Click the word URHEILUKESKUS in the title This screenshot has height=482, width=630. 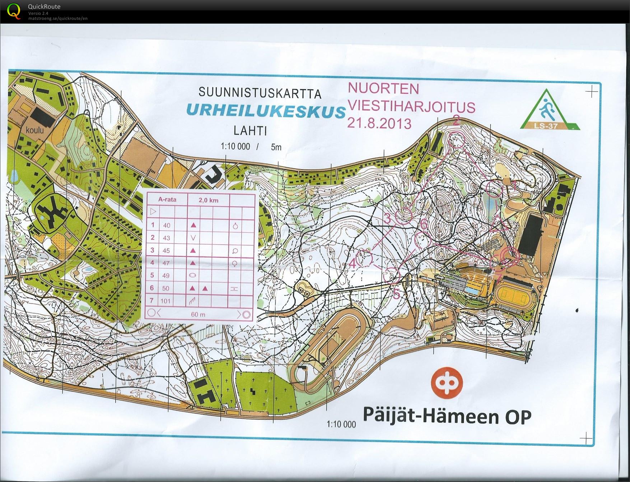click(266, 111)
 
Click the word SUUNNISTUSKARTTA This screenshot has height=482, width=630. click(260, 93)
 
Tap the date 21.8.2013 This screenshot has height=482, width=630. click(379, 123)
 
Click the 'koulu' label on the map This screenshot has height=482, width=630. click(34, 129)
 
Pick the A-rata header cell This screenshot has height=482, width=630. click(167, 199)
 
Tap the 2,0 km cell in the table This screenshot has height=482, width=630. click(209, 200)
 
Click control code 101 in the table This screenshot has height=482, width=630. click(166, 301)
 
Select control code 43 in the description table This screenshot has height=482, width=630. click(166, 238)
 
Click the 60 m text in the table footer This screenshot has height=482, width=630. click(198, 314)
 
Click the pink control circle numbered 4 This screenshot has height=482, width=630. click(366, 258)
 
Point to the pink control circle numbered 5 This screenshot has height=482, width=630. click(392, 276)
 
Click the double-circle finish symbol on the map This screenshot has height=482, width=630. click(507, 255)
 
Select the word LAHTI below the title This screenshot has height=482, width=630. click(250, 130)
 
